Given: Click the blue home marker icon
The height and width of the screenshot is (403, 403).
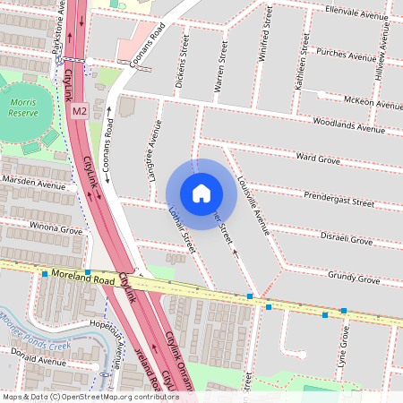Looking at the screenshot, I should pos(201,193).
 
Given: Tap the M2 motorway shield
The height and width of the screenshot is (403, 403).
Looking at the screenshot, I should pos(80,111).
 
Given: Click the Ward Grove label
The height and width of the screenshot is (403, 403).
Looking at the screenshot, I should pos(317,159).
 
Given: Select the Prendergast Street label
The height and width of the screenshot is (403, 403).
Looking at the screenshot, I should pos(339,199).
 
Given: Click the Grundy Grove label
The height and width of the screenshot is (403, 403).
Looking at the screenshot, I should pos(354,278).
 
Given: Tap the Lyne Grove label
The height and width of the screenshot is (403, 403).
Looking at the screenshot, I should pos(345,344).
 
